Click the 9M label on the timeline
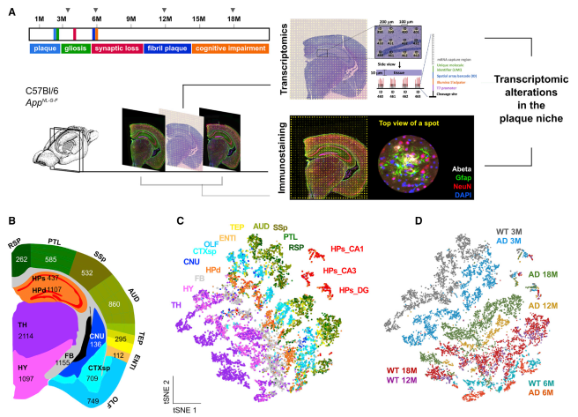point(130,19)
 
